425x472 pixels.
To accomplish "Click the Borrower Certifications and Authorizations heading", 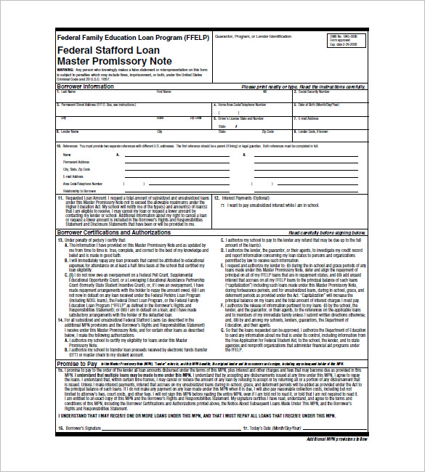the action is (114, 232).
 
